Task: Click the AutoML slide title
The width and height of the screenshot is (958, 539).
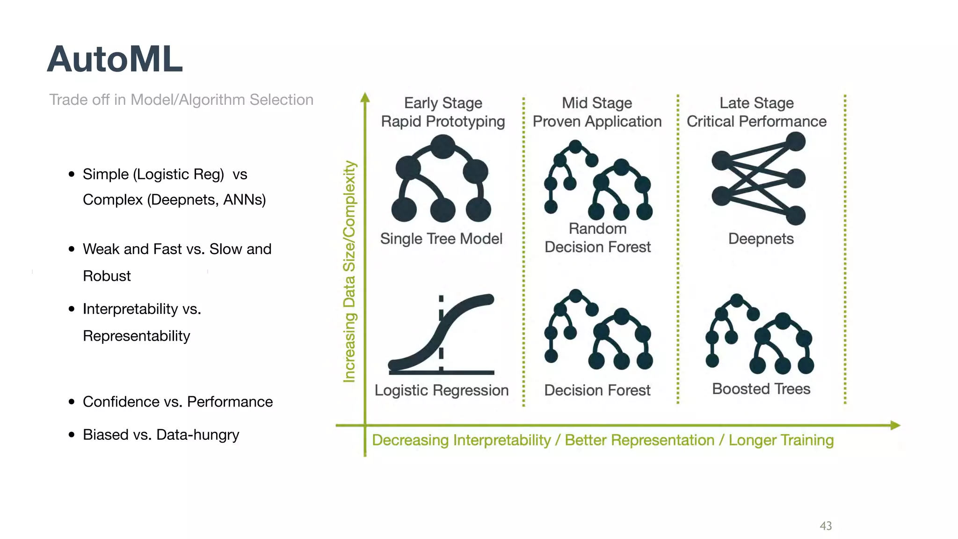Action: [x=115, y=59]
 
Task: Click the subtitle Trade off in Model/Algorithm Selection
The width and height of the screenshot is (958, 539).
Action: [x=181, y=100]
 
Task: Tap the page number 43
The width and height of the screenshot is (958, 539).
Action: [x=826, y=526]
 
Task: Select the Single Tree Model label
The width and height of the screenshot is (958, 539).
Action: [x=441, y=239]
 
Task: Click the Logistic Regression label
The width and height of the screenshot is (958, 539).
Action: [x=441, y=390]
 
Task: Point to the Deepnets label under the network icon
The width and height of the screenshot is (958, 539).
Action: [x=761, y=239]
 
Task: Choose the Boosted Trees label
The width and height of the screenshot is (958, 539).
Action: [x=761, y=389]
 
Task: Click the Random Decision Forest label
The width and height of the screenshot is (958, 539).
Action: [x=597, y=238]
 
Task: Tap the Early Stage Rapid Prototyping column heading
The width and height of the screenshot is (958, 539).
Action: [x=443, y=112]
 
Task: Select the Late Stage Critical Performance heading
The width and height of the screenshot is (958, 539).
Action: [x=756, y=112]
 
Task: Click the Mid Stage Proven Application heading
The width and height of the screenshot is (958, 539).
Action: [x=597, y=112]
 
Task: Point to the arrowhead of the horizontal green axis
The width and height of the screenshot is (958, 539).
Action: [x=895, y=425]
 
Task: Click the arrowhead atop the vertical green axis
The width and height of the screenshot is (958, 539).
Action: [x=365, y=97]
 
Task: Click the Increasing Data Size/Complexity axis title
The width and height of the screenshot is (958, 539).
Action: [x=349, y=271]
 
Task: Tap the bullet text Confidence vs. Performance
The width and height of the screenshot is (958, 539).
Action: [x=177, y=401]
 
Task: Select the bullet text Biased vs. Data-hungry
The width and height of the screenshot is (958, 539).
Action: [x=160, y=435]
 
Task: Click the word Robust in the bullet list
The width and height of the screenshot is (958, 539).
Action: [x=107, y=276]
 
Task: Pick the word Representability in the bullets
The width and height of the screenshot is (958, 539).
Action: [x=136, y=336]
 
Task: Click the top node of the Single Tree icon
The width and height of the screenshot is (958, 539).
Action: [x=443, y=146]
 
